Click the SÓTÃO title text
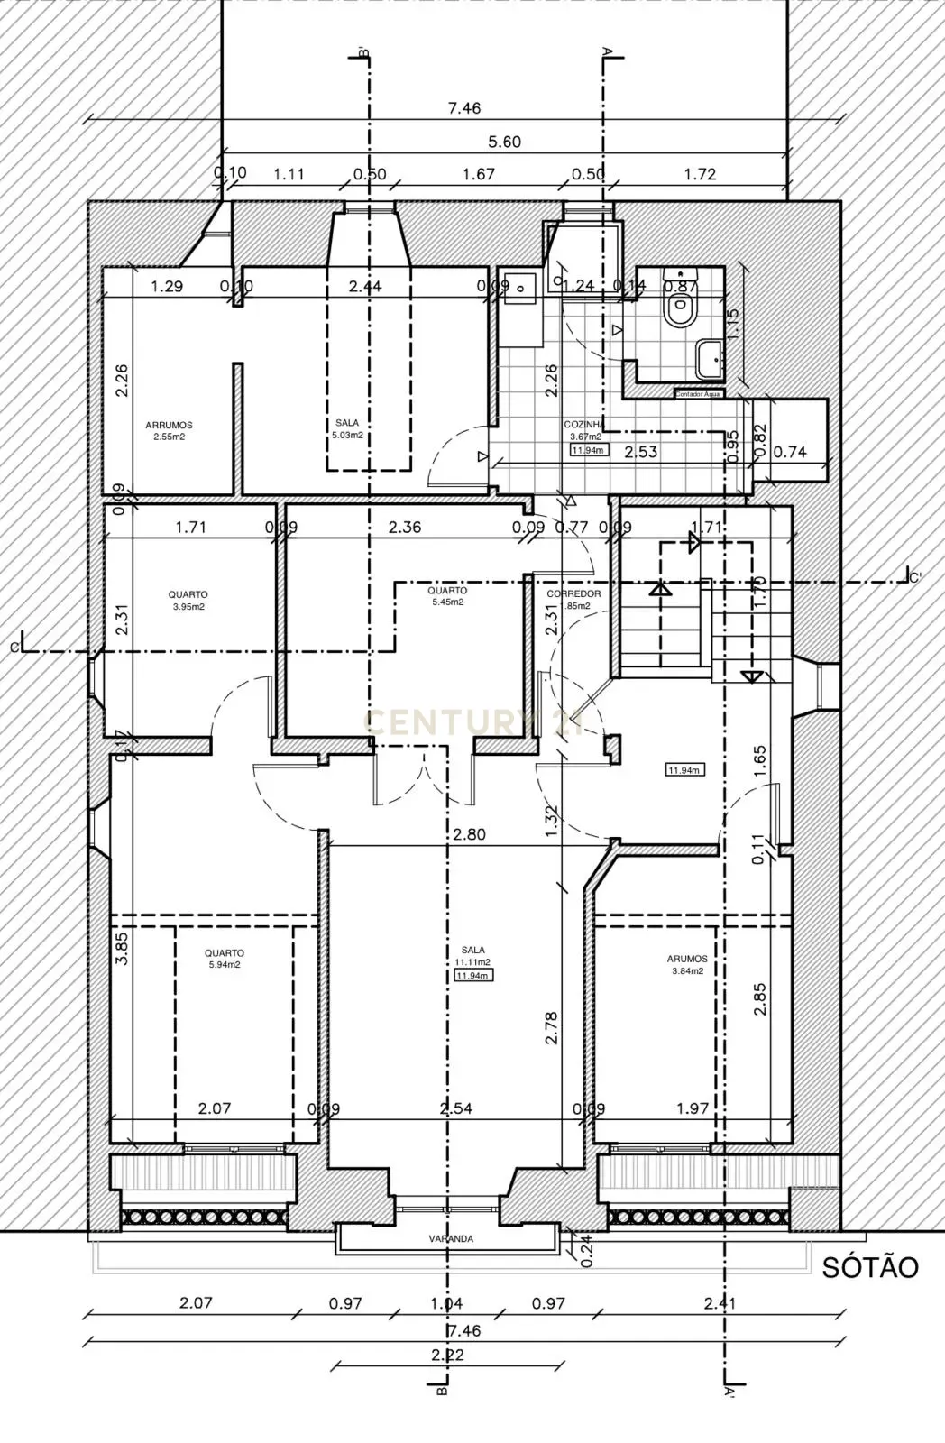click(x=869, y=1267)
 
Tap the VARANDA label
click(x=450, y=1238)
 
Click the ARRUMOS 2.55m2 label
click(x=169, y=431)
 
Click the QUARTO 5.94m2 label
click(x=224, y=959)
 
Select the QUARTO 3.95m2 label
click(x=188, y=601)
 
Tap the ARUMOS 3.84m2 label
click(x=687, y=965)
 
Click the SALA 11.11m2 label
click(x=472, y=956)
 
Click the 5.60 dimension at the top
click(x=504, y=142)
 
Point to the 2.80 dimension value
click(x=469, y=834)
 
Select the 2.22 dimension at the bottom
click(x=447, y=1354)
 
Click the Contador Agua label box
click(x=697, y=393)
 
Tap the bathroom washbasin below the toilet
click(x=709, y=358)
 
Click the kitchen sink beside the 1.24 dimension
click(x=521, y=286)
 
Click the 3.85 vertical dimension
click(x=123, y=949)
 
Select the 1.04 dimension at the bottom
click(x=447, y=1302)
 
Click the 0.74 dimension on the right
click(x=790, y=453)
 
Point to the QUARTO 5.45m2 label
click(x=447, y=596)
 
